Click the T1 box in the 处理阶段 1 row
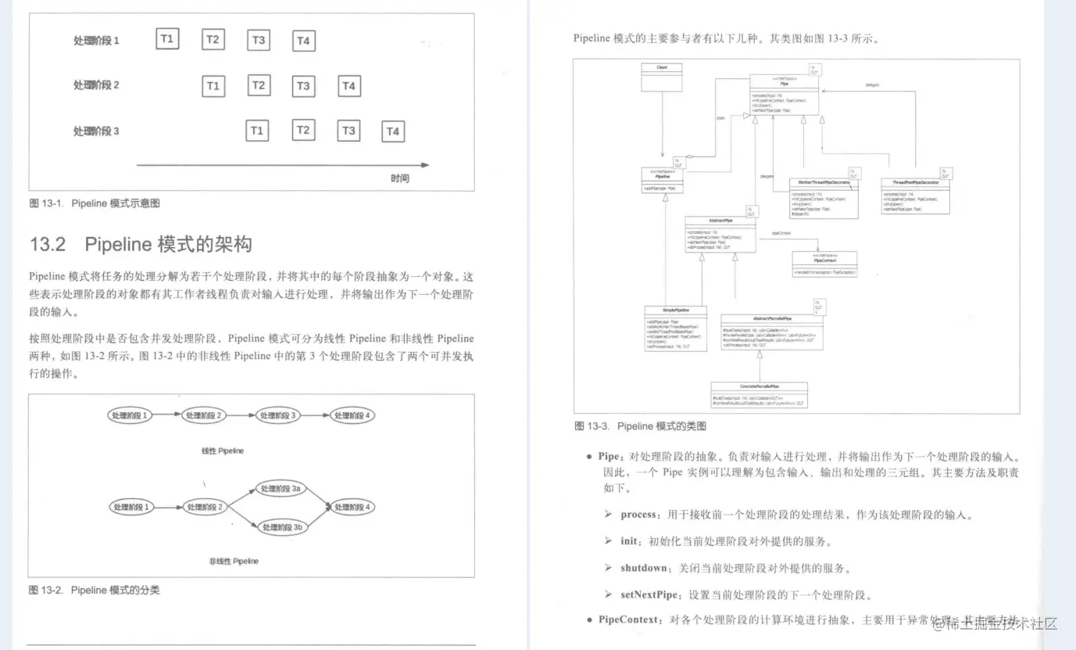(167, 38)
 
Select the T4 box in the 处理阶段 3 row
(393, 131)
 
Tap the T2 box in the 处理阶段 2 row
(259, 84)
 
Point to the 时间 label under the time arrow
(400, 179)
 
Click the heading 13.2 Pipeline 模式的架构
(141, 244)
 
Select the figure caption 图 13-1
(95, 203)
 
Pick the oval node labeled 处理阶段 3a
(281, 489)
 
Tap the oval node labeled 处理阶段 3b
(282, 528)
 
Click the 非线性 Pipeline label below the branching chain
(234, 561)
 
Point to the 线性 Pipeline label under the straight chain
(223, 451)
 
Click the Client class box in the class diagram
(662, 77)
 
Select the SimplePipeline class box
(675, 327)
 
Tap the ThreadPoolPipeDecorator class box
(915, 196)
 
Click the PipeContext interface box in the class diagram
(824, 264)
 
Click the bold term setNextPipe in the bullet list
(649, 594)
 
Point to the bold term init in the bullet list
(629, 541)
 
